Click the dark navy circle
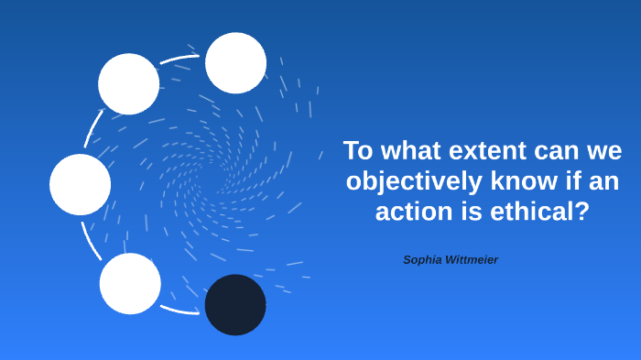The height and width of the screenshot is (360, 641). coord(235,304)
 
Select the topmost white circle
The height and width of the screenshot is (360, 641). coord(235,62)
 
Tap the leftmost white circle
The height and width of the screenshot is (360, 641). coord(81,184)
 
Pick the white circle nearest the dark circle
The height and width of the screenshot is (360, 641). coord(130,283)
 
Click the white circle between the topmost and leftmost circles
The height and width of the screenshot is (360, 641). coord(129,84)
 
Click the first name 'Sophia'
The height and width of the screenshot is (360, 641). coord(424,260)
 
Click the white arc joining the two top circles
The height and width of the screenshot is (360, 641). coord(182,60)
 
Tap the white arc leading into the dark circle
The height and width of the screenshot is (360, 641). coord(181,310)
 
